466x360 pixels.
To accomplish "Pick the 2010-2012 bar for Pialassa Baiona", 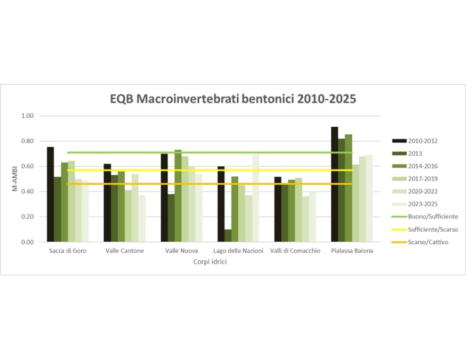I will tap(334, 184).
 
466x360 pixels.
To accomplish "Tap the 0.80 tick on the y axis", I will tap(27, 141).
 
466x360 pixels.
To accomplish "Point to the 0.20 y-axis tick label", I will tap(27, 217).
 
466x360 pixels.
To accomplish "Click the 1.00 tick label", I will tap(27, 116).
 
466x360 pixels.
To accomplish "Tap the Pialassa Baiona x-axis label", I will tap(352, 251).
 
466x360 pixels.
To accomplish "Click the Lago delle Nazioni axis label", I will tap(238, 251).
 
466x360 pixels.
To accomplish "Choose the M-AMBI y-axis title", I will tap(15, 179).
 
